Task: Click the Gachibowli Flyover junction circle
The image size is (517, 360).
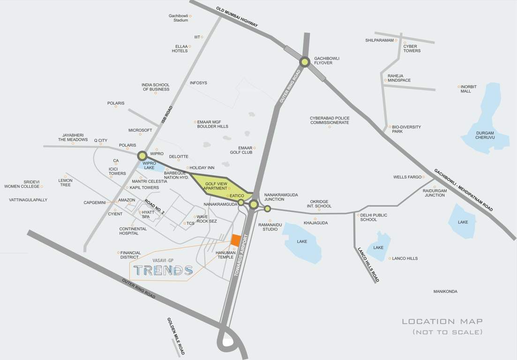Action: tap(305, 62)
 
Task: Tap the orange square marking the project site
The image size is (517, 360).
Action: tap(236, 239)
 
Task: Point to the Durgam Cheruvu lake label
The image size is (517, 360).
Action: tap(485, 135)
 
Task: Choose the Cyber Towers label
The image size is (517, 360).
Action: tap(412, 48)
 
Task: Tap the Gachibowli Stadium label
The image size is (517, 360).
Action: tap(178, 18)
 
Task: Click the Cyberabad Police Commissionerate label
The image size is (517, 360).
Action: tap(330, 120)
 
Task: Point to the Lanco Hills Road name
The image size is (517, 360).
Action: tap(368, 264)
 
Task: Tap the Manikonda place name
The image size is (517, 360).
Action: tap(445, 292)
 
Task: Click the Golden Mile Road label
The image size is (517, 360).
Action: tap(176, 336)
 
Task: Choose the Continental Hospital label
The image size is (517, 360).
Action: tap(133, 231)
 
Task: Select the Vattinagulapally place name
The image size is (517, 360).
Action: tap(28, 200)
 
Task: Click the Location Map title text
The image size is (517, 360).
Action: tap(442, 322)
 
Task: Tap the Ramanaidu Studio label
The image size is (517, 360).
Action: tap(271, 226)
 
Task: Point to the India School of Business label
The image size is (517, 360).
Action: tap(156, 87)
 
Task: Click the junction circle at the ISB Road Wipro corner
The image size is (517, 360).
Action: tap(142, 156)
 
